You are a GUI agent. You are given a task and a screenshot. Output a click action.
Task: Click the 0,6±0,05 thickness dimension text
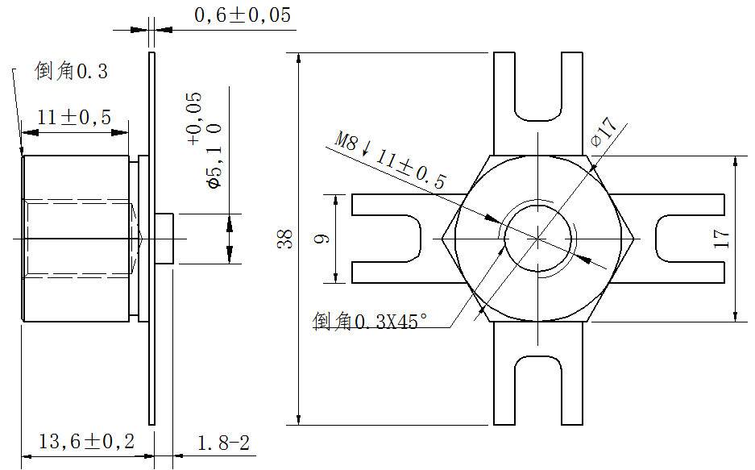pos(242,15)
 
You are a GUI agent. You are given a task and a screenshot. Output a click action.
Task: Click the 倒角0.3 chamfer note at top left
pos(72,72)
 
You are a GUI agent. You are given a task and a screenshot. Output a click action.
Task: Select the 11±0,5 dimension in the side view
pos(74,118)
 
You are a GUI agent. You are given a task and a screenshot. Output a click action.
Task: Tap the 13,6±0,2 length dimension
pos(87,441)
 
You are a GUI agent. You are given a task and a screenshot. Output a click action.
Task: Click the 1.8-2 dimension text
pos(223,442)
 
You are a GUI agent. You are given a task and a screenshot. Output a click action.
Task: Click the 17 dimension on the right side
pos(721,239)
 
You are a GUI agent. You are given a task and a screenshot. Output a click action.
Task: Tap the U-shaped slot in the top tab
pos(537,93)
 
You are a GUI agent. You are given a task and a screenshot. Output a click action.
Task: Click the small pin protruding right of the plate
pos(166,239)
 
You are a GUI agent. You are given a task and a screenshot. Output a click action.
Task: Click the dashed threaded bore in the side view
pos(81,239)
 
